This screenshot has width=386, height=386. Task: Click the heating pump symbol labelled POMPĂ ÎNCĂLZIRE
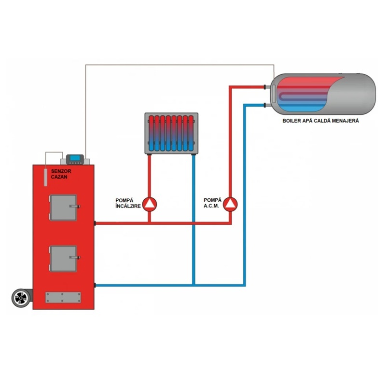pos(150,204)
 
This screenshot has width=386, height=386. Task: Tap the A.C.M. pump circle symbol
pos(231,204)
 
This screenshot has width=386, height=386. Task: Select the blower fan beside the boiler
pos(21,298)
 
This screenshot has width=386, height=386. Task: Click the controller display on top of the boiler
pos(75,159)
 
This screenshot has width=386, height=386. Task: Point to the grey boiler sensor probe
pos(45,177)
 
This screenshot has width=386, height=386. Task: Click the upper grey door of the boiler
pos(64,207)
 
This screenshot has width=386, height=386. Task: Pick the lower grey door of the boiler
pos(64,259)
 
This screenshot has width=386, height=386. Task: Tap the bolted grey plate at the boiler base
pos(63,297)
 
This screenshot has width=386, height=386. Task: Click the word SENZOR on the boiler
pos(61,171)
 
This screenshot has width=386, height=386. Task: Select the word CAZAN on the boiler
pos(59,177)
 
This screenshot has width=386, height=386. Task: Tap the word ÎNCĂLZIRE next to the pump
pos(128,206)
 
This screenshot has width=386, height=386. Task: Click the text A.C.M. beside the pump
pos(211,206)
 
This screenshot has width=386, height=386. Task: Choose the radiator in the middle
pos(171,134)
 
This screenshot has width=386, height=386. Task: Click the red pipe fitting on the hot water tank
pos(265,87)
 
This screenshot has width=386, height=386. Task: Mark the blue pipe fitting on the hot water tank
pos(265,105)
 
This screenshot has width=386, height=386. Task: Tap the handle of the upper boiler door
pos(75,207)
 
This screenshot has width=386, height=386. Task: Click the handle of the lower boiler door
pos(75,258)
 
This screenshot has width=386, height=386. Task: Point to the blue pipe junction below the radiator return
pos(194,286)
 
